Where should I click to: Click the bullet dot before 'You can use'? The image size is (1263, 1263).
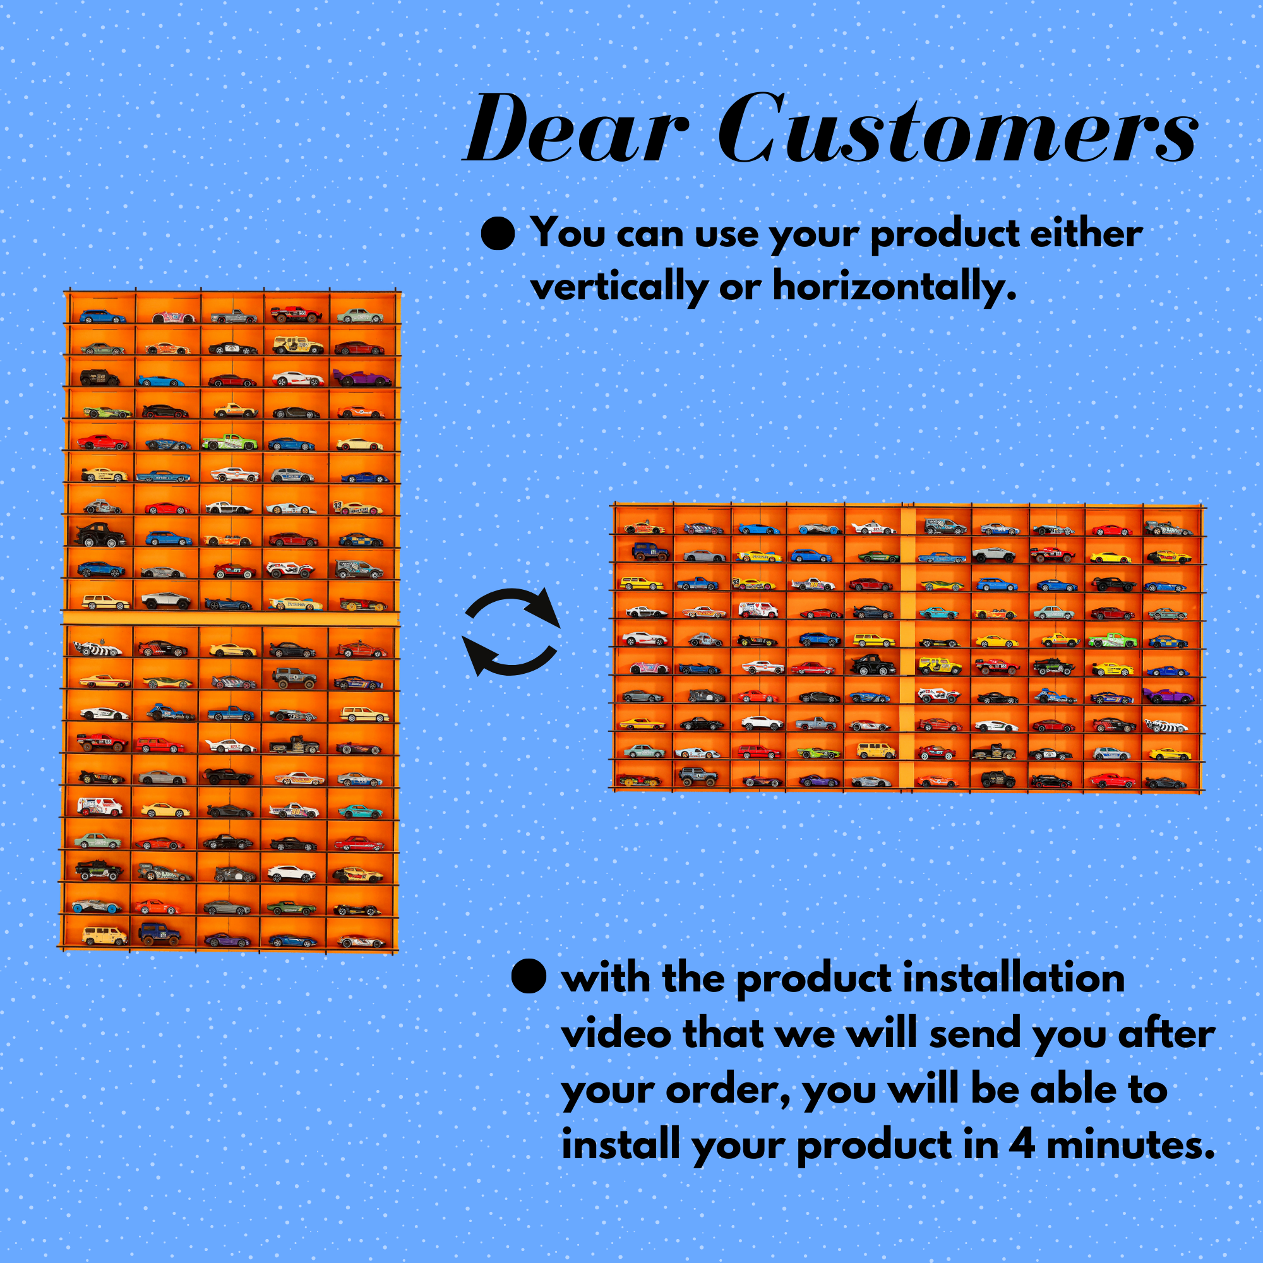(498, 233)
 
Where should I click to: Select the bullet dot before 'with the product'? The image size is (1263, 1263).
(528, 977)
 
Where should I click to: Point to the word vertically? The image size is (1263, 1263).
(619, 287)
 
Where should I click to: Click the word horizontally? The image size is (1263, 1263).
(894, 287)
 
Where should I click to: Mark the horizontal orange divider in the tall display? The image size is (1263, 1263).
(230, 618)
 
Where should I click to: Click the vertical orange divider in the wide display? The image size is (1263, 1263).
(907, 647)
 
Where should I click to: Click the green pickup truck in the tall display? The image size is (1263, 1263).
(229, 441)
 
